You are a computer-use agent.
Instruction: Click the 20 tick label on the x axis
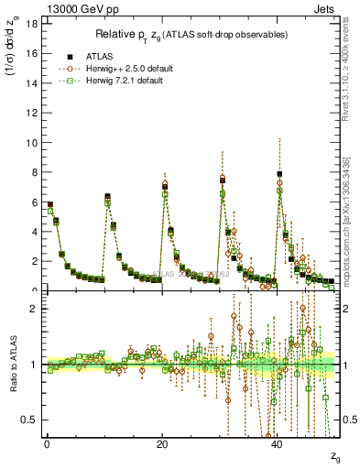[x=162, y=444]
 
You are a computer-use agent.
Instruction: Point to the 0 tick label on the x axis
[x=47, y=444]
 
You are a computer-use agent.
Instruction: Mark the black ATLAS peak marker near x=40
[x=279, y=174]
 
